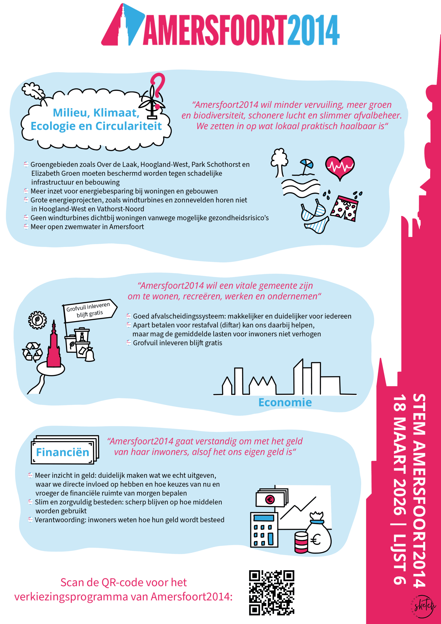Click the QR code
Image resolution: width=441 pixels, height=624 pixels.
(271, 593)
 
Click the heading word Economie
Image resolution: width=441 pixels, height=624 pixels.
(285, 402)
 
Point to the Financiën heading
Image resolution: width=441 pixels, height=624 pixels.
(63, 452)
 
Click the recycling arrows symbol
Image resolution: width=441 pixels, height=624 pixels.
(32, 352)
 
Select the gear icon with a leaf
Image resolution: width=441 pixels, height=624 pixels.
(38, 320)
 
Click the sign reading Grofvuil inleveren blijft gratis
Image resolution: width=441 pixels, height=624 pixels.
(89, 310)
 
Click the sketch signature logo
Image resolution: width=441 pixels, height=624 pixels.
(423, 606)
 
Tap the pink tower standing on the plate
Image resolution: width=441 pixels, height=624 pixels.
(54, 347)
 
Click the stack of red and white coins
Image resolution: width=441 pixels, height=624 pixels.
(301, 543)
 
